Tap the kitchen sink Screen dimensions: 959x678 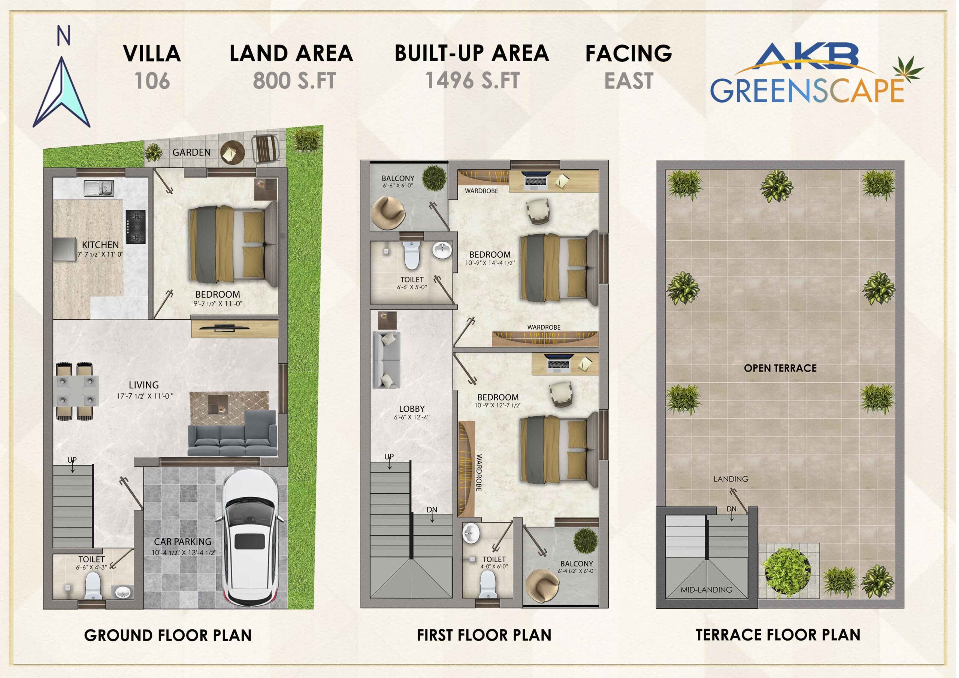coord(99,188)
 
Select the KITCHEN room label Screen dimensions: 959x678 coord(100,245)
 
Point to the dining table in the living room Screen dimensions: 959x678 coord(78,391)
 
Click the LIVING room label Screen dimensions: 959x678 coord(144,385)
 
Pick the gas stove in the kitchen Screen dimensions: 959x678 coord(135,227)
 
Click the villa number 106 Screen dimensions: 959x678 coord(152,81)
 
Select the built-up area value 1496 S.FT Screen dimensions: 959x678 coord(472,80)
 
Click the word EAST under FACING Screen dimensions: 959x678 coord(629,81)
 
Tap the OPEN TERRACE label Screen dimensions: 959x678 coord(780,368)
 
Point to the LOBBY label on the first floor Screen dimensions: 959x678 coord(412,409)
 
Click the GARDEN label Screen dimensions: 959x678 coord(192,152)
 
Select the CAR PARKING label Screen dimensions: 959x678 coord(182,542)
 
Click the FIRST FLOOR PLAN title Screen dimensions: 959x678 coord(484,635)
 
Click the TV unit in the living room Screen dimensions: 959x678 coord(235,329)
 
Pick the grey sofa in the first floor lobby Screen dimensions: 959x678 coord(386,360)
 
